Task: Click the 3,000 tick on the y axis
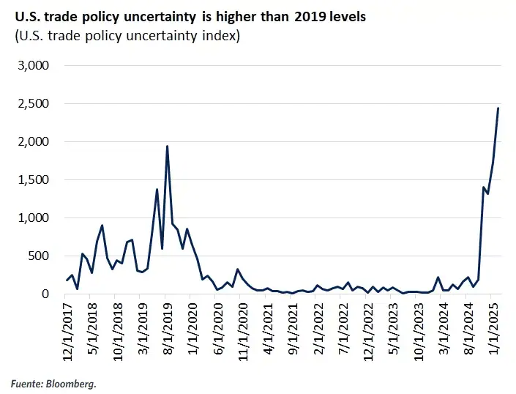(33, 65)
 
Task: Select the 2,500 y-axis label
(33, 103)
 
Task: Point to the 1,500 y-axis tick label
(33, 179)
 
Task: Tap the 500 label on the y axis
(38, 256)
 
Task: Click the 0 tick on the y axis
(45, 294)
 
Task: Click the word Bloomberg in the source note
(74, 383)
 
